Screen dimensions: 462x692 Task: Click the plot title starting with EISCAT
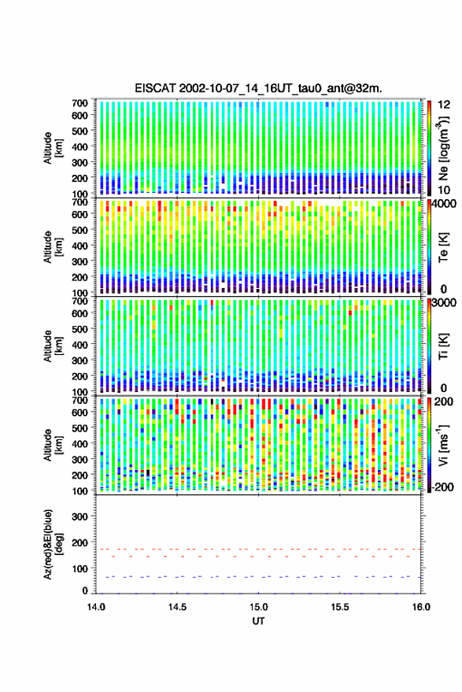click(x=258, y=88)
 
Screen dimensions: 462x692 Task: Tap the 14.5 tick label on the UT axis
click(x=177, y=607)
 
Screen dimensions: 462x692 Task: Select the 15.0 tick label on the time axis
click(x=258, y=607)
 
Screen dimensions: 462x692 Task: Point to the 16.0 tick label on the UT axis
click(x=421, y=607)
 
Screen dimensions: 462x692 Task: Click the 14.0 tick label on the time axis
click(x=96, y=607)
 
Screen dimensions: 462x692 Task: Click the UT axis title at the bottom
click(x=258, y=621)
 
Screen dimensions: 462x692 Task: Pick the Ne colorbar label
click(x=443, y=148)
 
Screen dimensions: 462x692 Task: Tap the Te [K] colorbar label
click(x=443, y=248)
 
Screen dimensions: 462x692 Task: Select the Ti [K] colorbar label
click(x=443, y=346)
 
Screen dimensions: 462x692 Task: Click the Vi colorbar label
click(x=443, y=445)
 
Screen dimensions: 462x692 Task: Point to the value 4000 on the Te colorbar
click(x=446, y=204)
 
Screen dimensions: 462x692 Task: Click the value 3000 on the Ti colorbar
click(x=446, y=303)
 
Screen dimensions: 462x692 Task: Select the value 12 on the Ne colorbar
click(x=444, y=105)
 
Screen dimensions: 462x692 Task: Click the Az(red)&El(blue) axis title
click(x=54, y=544)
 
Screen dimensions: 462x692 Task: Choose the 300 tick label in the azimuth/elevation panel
click(x=79, y=516)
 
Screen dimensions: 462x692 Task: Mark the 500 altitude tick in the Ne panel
click(x=79, y=131)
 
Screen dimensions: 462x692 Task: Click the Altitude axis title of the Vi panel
click(x=53, y=445)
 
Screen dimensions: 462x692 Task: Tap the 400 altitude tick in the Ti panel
click(x=79, y=345)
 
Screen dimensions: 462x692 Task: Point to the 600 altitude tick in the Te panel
click(x=79, y=214)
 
